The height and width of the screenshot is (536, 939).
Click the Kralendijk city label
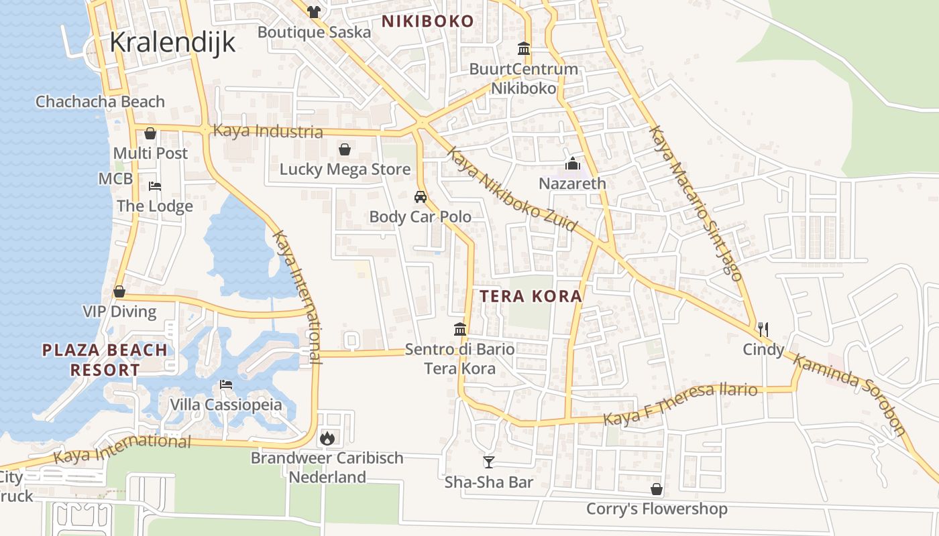coord(172,42)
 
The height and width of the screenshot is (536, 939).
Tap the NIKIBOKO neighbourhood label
coord(428,21)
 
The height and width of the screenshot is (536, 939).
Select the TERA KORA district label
coord(531,295)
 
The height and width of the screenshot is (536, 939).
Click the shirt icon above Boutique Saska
coord(313,11)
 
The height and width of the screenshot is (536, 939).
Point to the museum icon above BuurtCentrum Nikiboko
coord(524,48)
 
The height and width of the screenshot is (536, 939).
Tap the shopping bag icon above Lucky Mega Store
coord(345,149)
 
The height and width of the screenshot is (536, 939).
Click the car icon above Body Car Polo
coord(421,197)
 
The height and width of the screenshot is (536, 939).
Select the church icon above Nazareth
coord(573,163)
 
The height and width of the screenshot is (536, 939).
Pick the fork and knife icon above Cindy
coord(763,329)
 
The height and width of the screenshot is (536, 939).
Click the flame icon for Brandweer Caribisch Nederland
coord(327,438)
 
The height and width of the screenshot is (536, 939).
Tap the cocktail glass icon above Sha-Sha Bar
coord(489,462)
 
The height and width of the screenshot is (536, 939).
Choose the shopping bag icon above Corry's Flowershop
coord(657,489)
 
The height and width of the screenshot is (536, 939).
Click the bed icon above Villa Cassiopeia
coord(226,385)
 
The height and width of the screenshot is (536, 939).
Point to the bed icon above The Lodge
coord(155,186)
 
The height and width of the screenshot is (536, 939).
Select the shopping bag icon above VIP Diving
coord(119,291)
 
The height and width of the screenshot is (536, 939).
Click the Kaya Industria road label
coord(268,131)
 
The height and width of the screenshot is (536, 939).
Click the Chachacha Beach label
coord(100,102)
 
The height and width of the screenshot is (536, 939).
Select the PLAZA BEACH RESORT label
coord(105,359)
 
